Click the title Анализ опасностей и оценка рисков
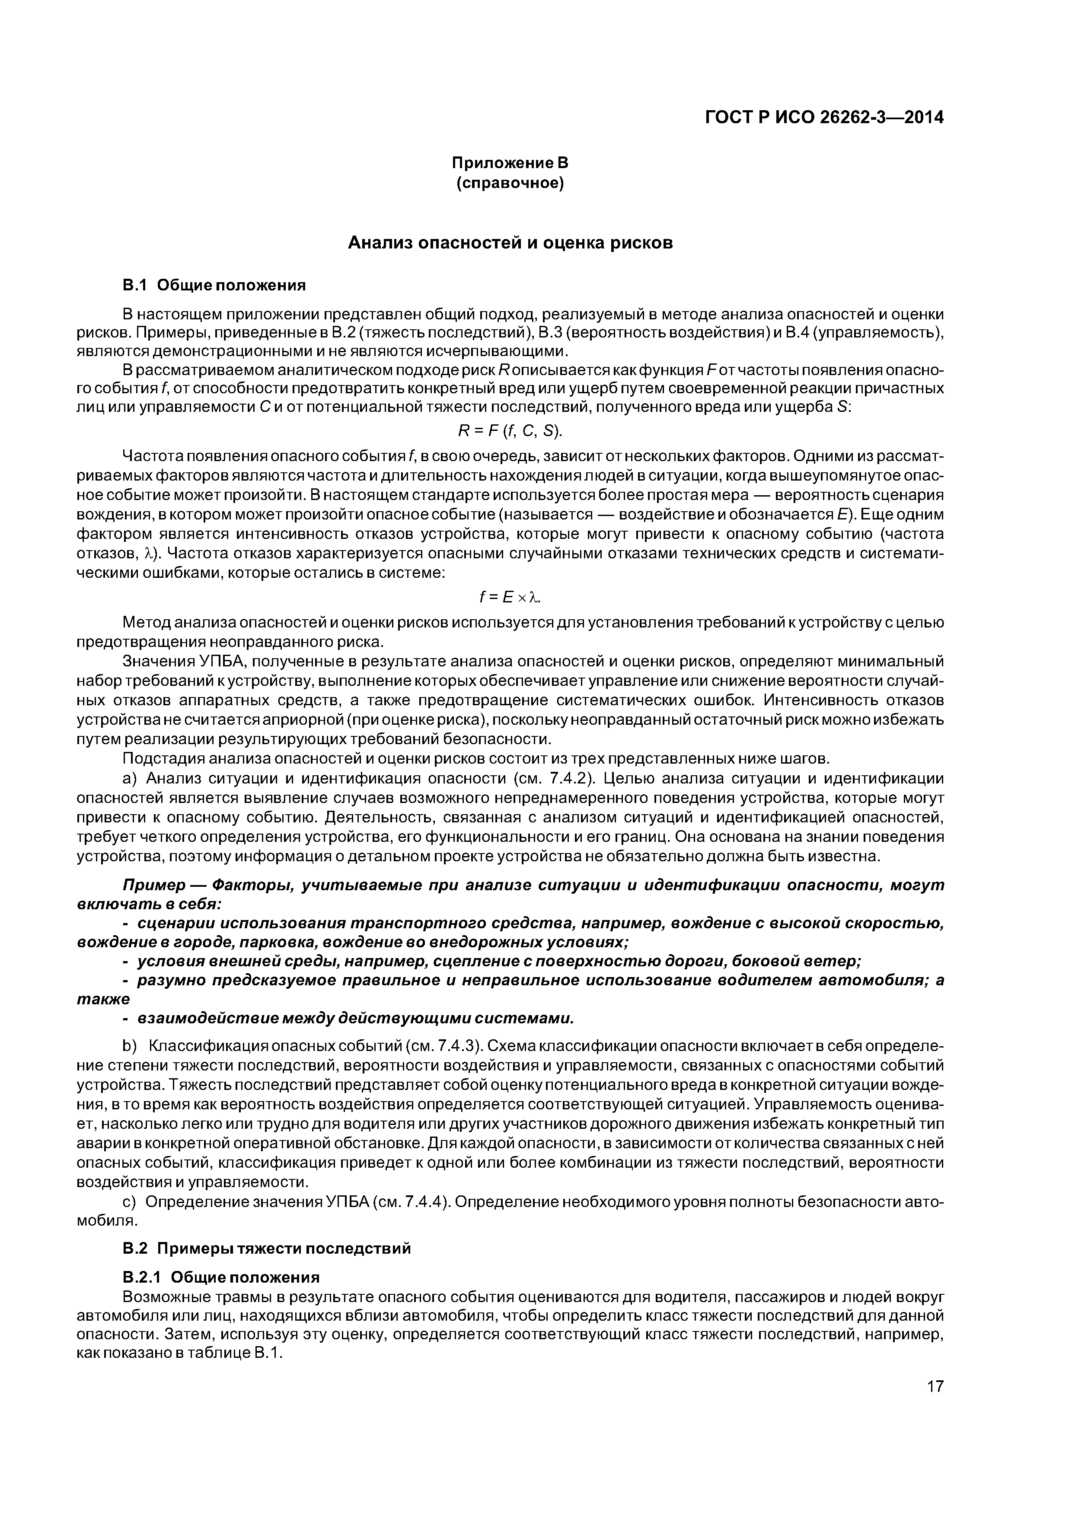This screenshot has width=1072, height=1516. click(x=510, y=243)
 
